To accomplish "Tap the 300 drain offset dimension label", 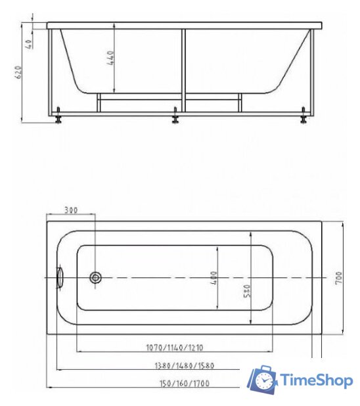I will point(71,210).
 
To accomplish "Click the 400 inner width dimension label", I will point(214,279).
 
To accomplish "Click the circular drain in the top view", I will point(96,278).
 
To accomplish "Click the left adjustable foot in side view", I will point(60,118).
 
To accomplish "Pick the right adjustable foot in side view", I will point(303,118).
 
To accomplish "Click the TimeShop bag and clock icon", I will point(263,380).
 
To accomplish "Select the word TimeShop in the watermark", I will point(316,380).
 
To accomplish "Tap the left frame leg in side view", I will point(50,72).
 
